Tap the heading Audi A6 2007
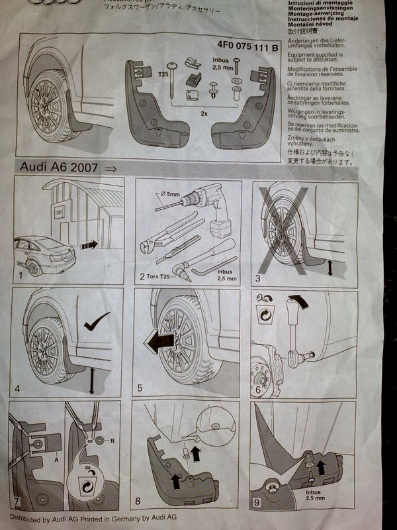60,168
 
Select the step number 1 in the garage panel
21,272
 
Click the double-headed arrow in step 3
331,267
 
